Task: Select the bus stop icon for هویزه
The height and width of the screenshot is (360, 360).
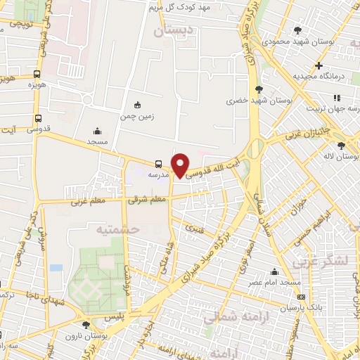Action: pos(37,73)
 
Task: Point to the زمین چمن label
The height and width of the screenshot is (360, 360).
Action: pos(136,116)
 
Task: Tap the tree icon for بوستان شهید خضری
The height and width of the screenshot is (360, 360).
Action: pos(259,89)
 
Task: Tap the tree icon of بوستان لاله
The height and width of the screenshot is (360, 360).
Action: pos(341,146)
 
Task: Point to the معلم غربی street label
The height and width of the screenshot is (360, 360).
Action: pos(86,203)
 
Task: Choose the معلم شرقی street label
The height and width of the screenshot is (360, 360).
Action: pos(147,200)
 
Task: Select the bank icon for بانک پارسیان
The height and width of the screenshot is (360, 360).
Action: pos(301,297)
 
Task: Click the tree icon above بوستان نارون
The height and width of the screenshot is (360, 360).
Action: pos(86,324)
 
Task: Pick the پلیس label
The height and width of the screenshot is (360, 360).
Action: pos(114,318)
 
